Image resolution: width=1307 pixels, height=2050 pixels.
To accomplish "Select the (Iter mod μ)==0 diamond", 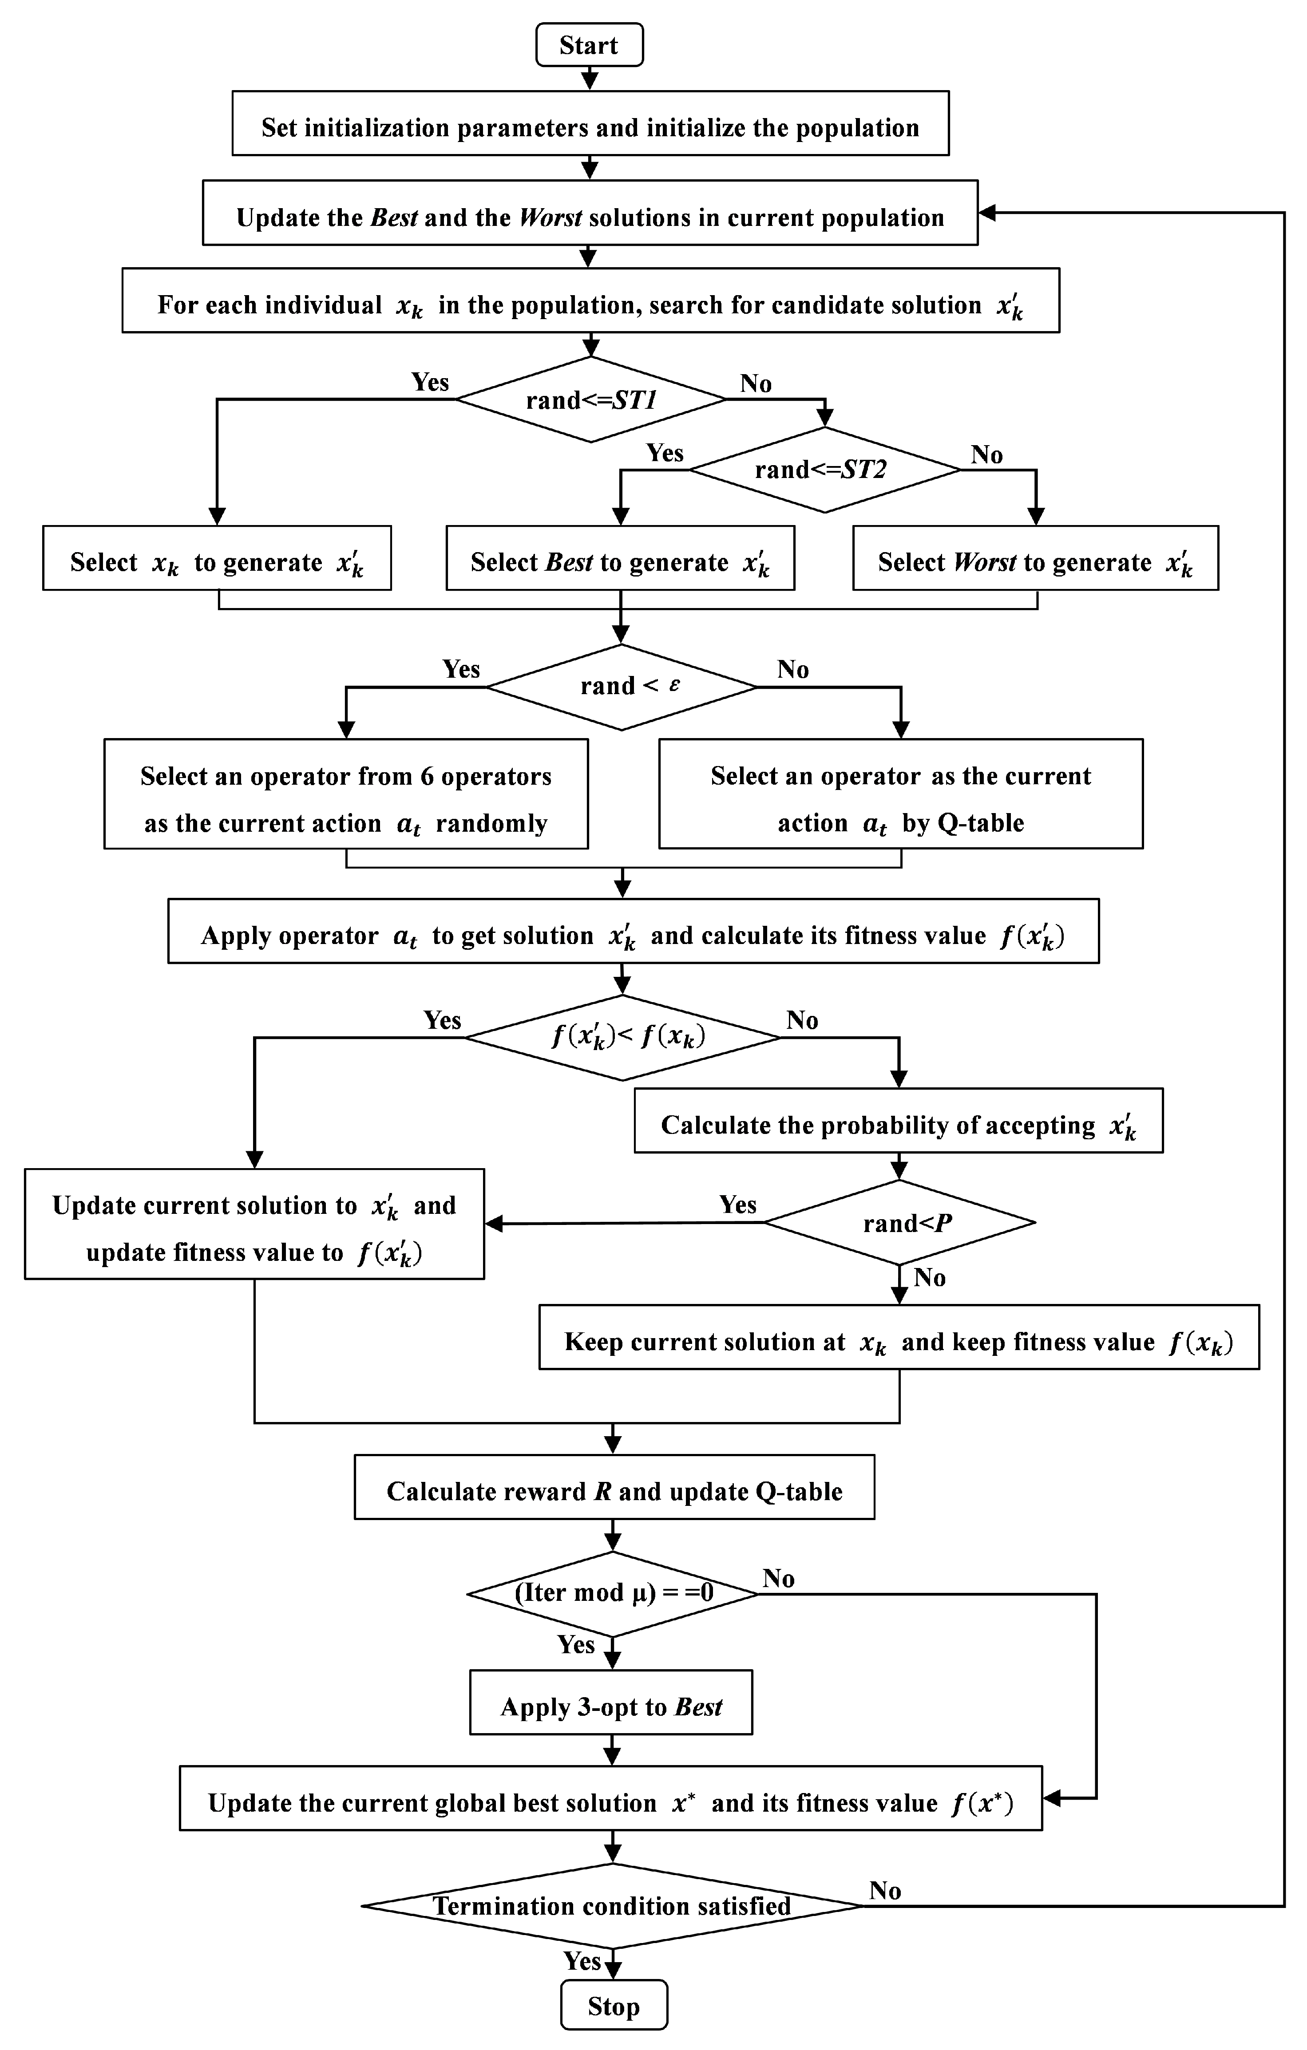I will point(612,1593).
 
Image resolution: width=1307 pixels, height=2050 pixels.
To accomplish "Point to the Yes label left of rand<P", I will point(737,1205).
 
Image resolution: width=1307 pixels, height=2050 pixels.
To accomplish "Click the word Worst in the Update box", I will point(550,218).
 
